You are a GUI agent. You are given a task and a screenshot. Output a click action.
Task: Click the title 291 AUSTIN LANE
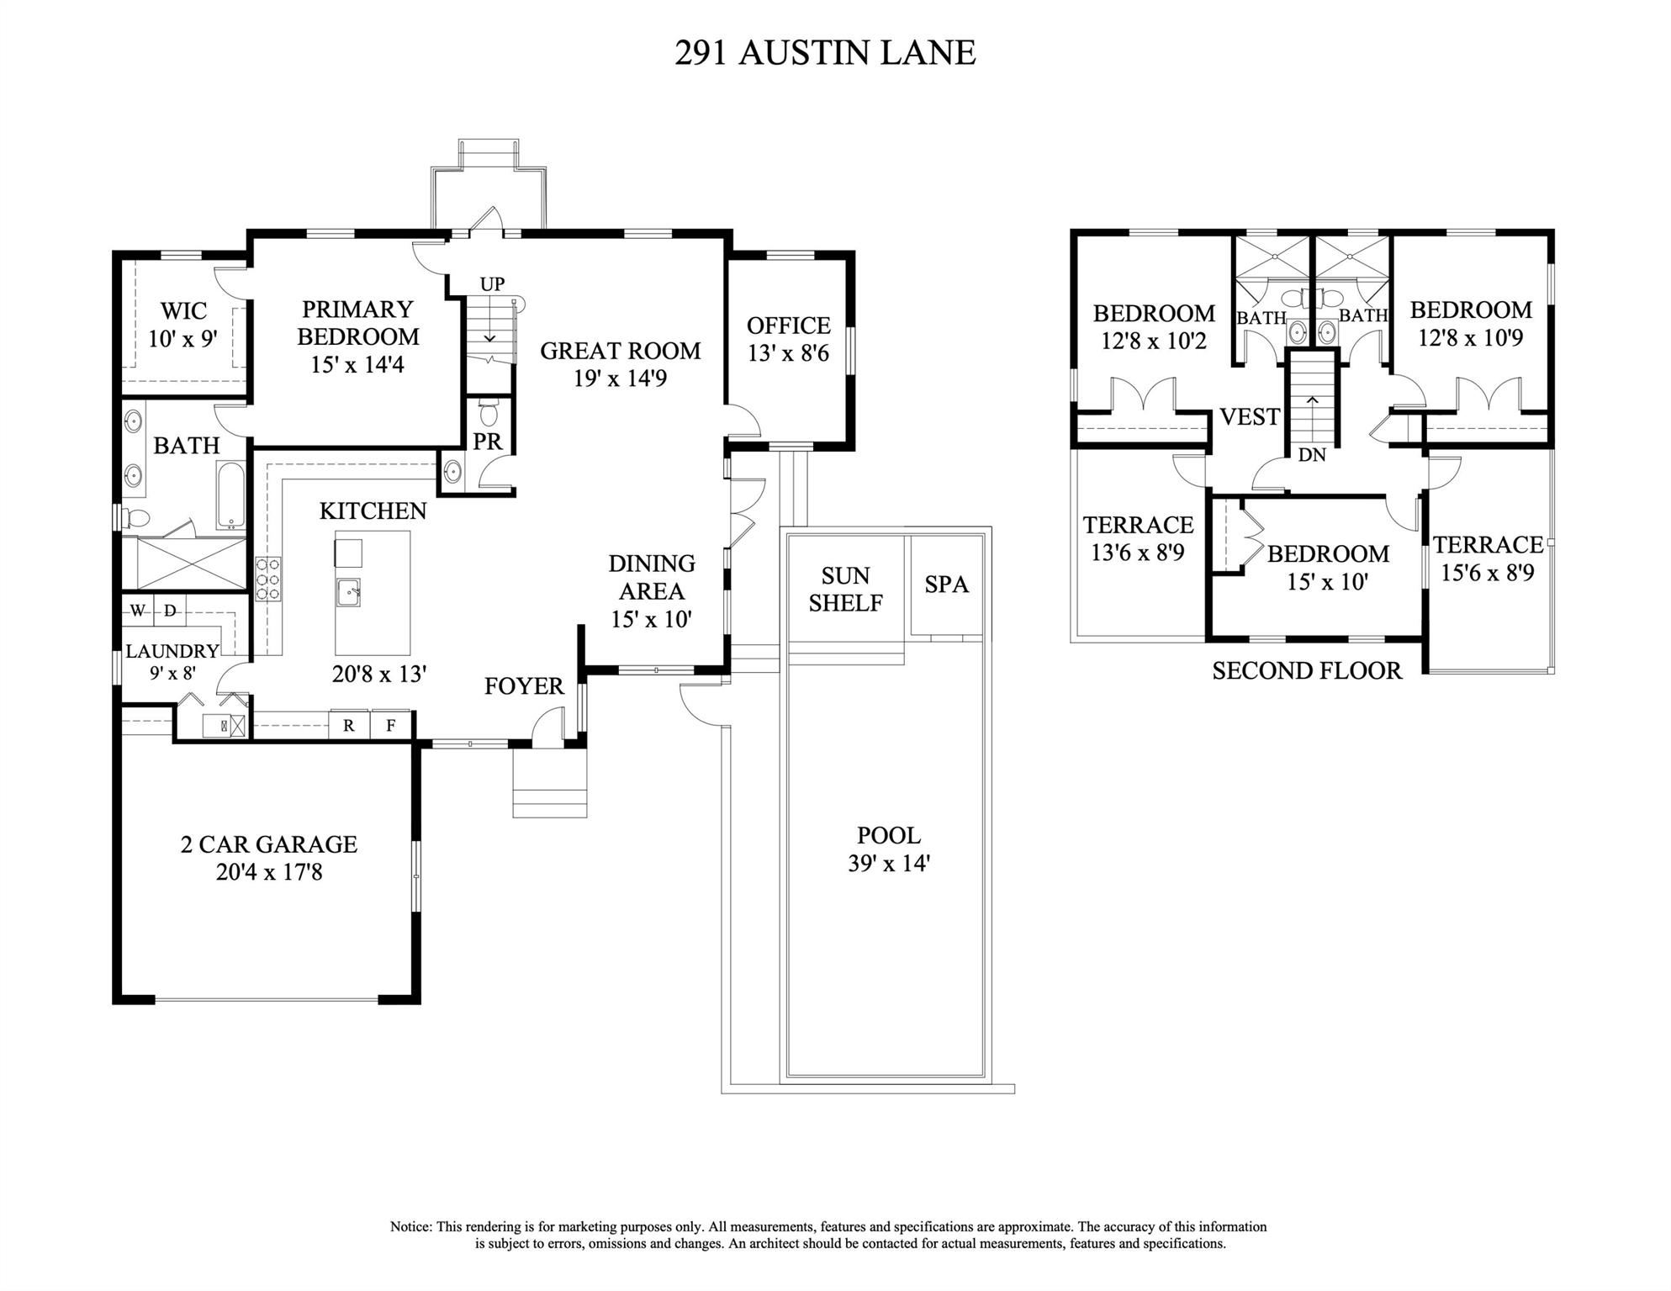coord(824,53)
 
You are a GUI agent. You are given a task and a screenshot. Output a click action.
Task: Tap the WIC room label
coord(183,310)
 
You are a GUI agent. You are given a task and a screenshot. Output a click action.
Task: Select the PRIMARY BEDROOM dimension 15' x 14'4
coord(357,365)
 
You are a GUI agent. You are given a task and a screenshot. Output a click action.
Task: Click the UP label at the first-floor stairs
coord(492,284)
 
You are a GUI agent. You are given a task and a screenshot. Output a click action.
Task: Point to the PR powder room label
coord(487,442)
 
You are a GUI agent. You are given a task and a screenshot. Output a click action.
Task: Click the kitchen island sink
coord(347,592)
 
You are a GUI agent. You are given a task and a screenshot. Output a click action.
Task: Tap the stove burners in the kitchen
coord(268,579)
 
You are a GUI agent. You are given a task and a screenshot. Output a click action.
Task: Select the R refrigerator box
coord(348,725)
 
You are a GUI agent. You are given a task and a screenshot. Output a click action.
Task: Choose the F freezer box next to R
coord(391,725)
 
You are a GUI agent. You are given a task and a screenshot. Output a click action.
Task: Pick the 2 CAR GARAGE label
coord(269,844)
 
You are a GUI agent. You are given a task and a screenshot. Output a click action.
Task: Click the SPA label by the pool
coord(946,585)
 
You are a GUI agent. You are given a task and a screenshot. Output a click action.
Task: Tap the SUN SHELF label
coord(845,589)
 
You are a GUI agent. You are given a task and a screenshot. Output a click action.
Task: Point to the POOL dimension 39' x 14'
coord(889,864)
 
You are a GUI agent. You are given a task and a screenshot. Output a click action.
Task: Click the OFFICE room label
coord(788,325)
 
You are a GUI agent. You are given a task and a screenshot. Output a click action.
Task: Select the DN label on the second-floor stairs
coord(1312,455)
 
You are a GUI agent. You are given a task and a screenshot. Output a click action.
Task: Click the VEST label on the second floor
coord(1250,416)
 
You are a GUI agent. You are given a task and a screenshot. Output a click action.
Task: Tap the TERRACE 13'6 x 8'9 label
coord(1138,538)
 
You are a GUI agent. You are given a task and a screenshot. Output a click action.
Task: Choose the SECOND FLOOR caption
coord(1307,670)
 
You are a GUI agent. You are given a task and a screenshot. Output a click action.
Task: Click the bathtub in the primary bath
coord(230,495)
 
